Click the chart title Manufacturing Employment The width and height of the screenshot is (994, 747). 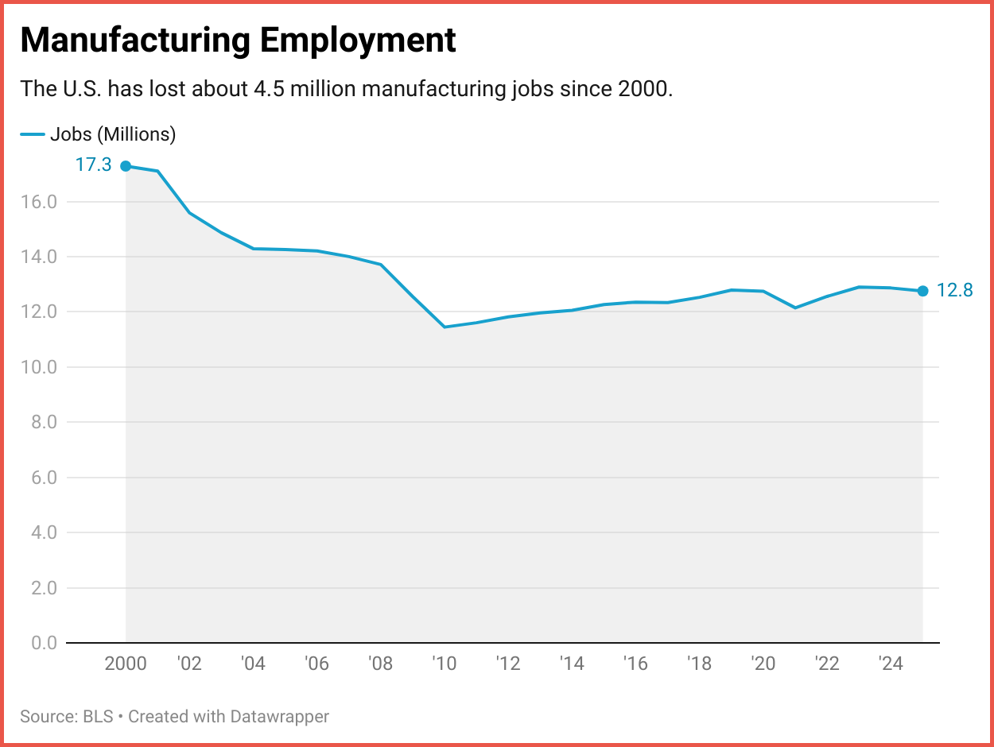click(x=238, y=40)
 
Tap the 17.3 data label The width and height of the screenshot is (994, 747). click(x=93, y=165)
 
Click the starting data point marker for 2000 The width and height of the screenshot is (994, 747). click(x=126, y=166)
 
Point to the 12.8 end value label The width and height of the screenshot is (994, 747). click(x=955, y=291)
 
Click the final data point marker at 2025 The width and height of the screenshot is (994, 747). click(x=922, y=291)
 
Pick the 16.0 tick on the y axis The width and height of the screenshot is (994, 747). click(x=39, y=202)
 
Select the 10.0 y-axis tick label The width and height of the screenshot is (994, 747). click(x=39, y=367)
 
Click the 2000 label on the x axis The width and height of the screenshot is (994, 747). click(x=126, y=664)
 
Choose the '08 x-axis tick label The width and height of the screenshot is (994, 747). click(x=381, y=664)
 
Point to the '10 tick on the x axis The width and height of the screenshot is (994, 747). click(x=445, y=664)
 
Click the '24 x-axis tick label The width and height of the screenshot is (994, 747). click(x=891, y=664)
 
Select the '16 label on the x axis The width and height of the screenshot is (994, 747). click(x=635, y=664)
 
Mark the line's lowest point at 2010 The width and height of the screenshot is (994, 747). click(x=445, y=327)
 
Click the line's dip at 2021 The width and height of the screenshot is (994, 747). click(x=795, y=308)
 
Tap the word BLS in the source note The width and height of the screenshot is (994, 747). click(x=99, y=717)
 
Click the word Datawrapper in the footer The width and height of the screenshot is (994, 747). click(x=279, y=717)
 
